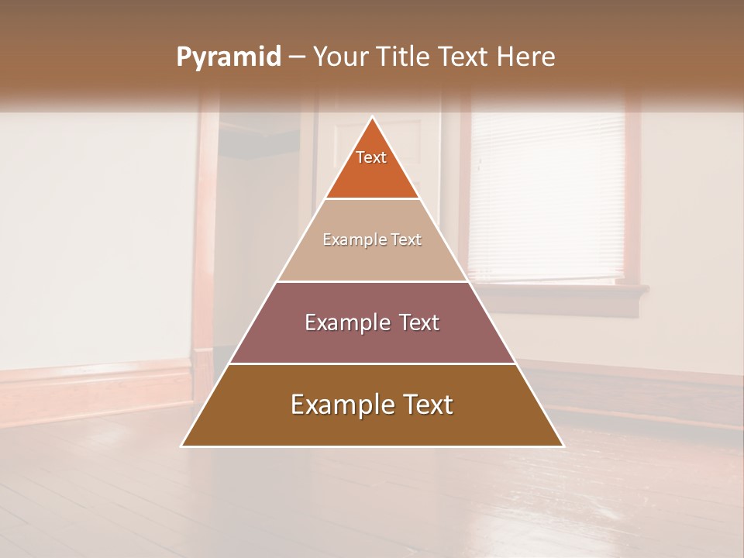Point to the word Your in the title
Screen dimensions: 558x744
click(339, 57)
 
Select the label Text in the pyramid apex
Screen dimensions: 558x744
click(371, 157)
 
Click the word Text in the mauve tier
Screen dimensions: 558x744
click(418, 322)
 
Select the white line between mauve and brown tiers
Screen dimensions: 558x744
click(372, 363)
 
